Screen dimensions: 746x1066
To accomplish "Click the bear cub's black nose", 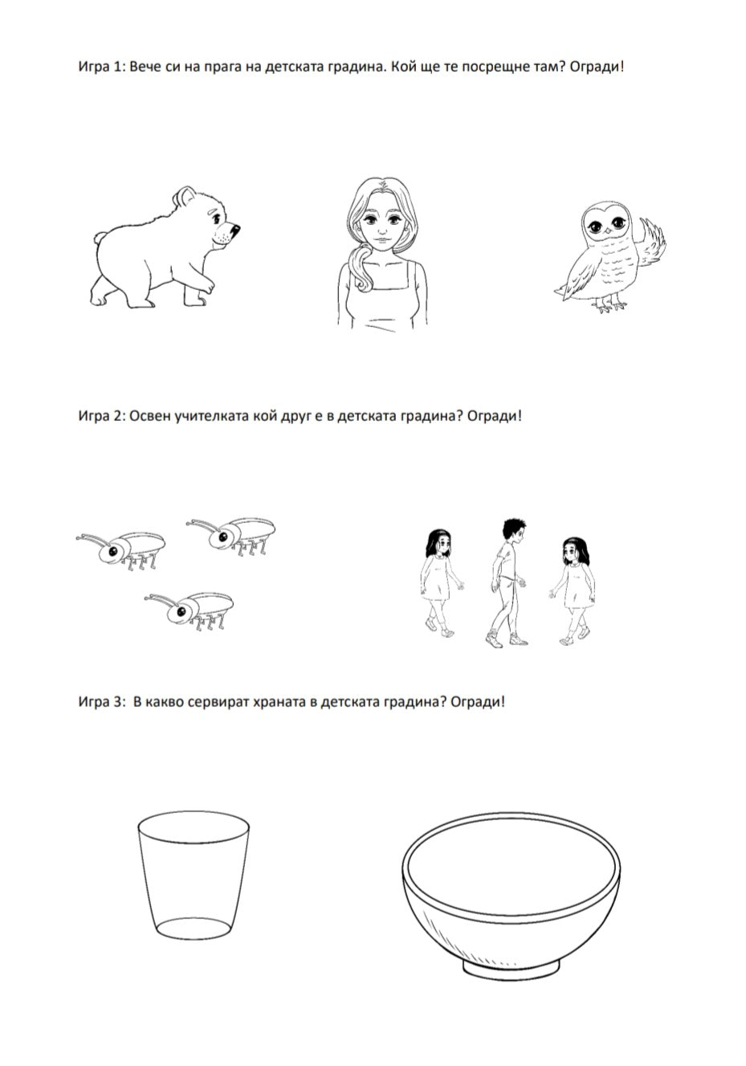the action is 235,230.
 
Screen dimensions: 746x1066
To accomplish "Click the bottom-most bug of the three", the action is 190,611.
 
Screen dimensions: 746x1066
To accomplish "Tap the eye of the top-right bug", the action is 222,537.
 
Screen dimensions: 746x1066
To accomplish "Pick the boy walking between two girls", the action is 508,583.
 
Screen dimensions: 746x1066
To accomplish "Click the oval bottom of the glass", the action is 194,927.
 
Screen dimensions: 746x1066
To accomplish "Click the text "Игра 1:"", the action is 101,67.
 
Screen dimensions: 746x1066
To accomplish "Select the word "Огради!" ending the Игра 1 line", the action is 596,67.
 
